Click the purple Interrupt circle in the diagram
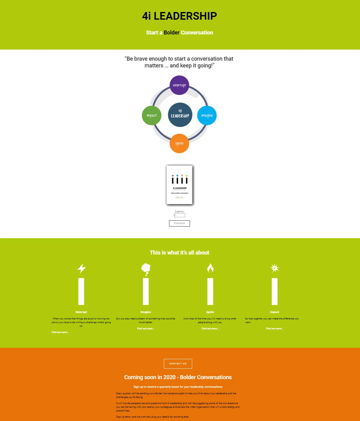[x=179, y=85]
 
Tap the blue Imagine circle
[x=207, y=115]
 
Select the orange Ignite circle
[x=179, y=143]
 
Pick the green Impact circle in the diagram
[x=152, y=115]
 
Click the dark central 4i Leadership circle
[x=180, y=115]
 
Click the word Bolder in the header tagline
[x=172, y=33]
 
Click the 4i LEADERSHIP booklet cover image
[x=180, y=185]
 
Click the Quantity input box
[x=180, y=215]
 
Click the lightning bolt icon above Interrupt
[x=81, y=268]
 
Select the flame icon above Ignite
[x=210, y=268]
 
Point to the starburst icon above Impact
[x=275, y=268]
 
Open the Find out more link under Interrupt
[x=60, y=332]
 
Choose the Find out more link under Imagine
[x=146, y=329]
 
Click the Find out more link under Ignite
[x=210, y=329]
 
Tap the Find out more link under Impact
[x=274, y=329]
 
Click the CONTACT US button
[x=178, y=364]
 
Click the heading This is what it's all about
[x=180, y=253]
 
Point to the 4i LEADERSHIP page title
[x=180, y=16]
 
